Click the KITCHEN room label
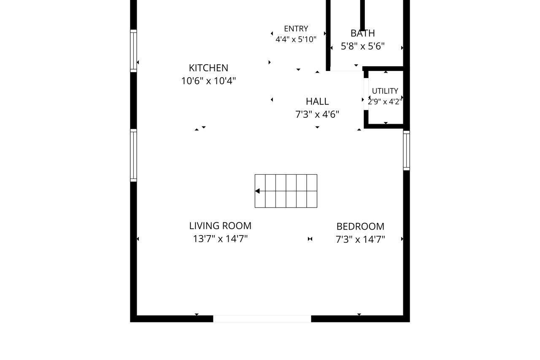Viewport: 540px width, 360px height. coord(208,68)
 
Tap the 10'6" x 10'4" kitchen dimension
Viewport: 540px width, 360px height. coord(208,81)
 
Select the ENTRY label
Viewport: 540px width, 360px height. coord(296,29)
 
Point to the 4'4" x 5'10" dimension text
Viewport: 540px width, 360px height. coord(296,39)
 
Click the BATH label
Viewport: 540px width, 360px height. coord(362,33)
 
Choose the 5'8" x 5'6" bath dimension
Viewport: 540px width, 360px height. coord(362,46)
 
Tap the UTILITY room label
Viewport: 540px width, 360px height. coord(385,91)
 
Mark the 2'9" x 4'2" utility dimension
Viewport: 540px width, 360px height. coord(385,102)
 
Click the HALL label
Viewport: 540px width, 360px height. coord(317,102)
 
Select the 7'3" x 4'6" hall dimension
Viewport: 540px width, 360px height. coord(317,114)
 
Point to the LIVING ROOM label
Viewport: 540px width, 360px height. coord(220,226)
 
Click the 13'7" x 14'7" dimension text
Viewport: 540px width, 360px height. coord(220,239)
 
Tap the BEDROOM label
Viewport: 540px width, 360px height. coord(360,227)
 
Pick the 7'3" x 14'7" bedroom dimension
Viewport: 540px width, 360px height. coord(360,239)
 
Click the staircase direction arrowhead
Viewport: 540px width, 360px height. coord(257,191)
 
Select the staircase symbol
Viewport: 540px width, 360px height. coord(286,191)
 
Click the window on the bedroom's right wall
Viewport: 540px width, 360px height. coord(406,151)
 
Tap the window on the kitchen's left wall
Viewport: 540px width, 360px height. coord(134,51)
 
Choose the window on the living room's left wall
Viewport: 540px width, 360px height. coord(134,155)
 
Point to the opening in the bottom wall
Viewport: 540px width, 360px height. coord(262,319)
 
